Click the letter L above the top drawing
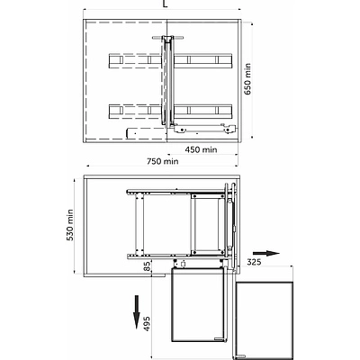coord(166,4)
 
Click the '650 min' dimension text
coord(247,79)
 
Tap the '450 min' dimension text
coord(201,149)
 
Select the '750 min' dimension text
coord(163,161)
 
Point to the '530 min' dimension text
coord(69,225)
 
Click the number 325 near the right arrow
coord(254,262)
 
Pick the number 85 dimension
coord(147,266)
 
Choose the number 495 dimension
coord(147,323)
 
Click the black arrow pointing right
coord(265,253)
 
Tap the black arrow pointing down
coord(137,312)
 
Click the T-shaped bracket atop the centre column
coord(167,38)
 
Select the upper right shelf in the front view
coord(203,61)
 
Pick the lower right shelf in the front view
coord(203,112)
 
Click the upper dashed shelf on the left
coord(135,61)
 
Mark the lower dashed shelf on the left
coord(135,112)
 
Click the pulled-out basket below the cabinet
coord(198,304)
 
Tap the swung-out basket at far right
coord(265,319)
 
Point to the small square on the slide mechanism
coord(183,264)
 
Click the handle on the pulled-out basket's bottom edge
coord(220,339)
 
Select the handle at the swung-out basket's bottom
coord(240,356)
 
